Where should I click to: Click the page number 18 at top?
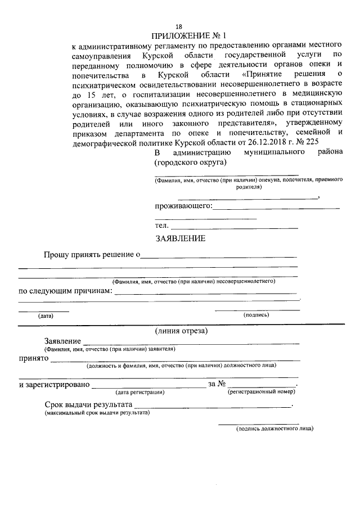[x=179, y=26]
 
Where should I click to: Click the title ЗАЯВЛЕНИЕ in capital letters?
[x=181, y=238]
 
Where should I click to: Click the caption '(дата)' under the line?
[x=46, y=316]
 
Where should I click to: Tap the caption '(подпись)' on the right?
[x=256, y=315]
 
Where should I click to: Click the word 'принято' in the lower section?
[x=32, y=359]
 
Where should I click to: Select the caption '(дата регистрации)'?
[x=139, y=391]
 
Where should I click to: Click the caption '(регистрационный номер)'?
[x=262, y=391]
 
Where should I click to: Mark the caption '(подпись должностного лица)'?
[x=274, y=429]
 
